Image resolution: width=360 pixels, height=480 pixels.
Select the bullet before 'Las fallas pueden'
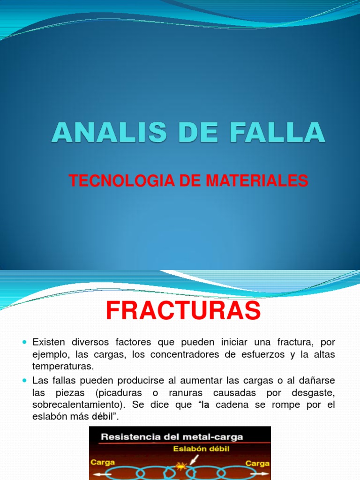click(25, 379)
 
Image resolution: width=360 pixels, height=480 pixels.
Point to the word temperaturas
click(63, 367)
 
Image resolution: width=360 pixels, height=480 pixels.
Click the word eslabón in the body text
click(50, 416)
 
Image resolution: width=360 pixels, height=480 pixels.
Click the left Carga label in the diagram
click(103, 462)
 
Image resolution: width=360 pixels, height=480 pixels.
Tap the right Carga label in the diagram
click(257, 463)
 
